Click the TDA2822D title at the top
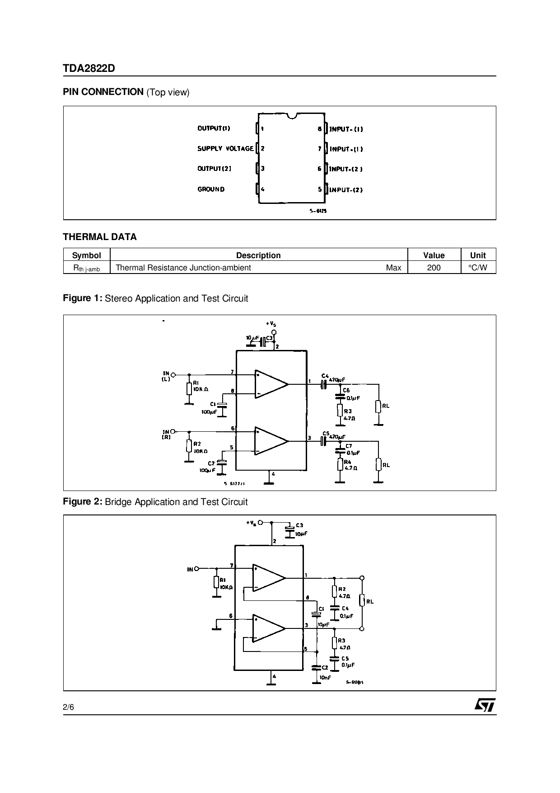pyautogui.click(x=89, y=68)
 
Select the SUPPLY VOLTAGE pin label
pyautogui.click(x=225, y=148)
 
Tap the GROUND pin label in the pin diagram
pyautogui.click(x=211, y=189)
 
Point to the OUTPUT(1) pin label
pyautogui.click(x=214, y=128)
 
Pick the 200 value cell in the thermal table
pyautogui.click(x=434, y=268)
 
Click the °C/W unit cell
pyautogui.click(x=478, y=268)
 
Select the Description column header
pyautogui.click(x=258, y=255)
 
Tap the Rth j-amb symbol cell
pyautogui.click(x=87, y=268)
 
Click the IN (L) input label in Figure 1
pyautogui.click(x=166, y=376)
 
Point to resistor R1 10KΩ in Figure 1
pyautogui.click(x=189, y=388)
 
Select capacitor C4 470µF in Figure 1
pyautogui.click(x=323, y=384)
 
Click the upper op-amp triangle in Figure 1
pyautogui.click(x=271, y=384)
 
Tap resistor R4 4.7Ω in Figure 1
pyautogui.click(x=340, y=465)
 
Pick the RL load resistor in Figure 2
pyautogui.click(x=362, y=601)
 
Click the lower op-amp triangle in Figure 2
pyautogui.click(x=268, y=628)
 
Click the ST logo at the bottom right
pyautogui.click(x=484, y=705)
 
